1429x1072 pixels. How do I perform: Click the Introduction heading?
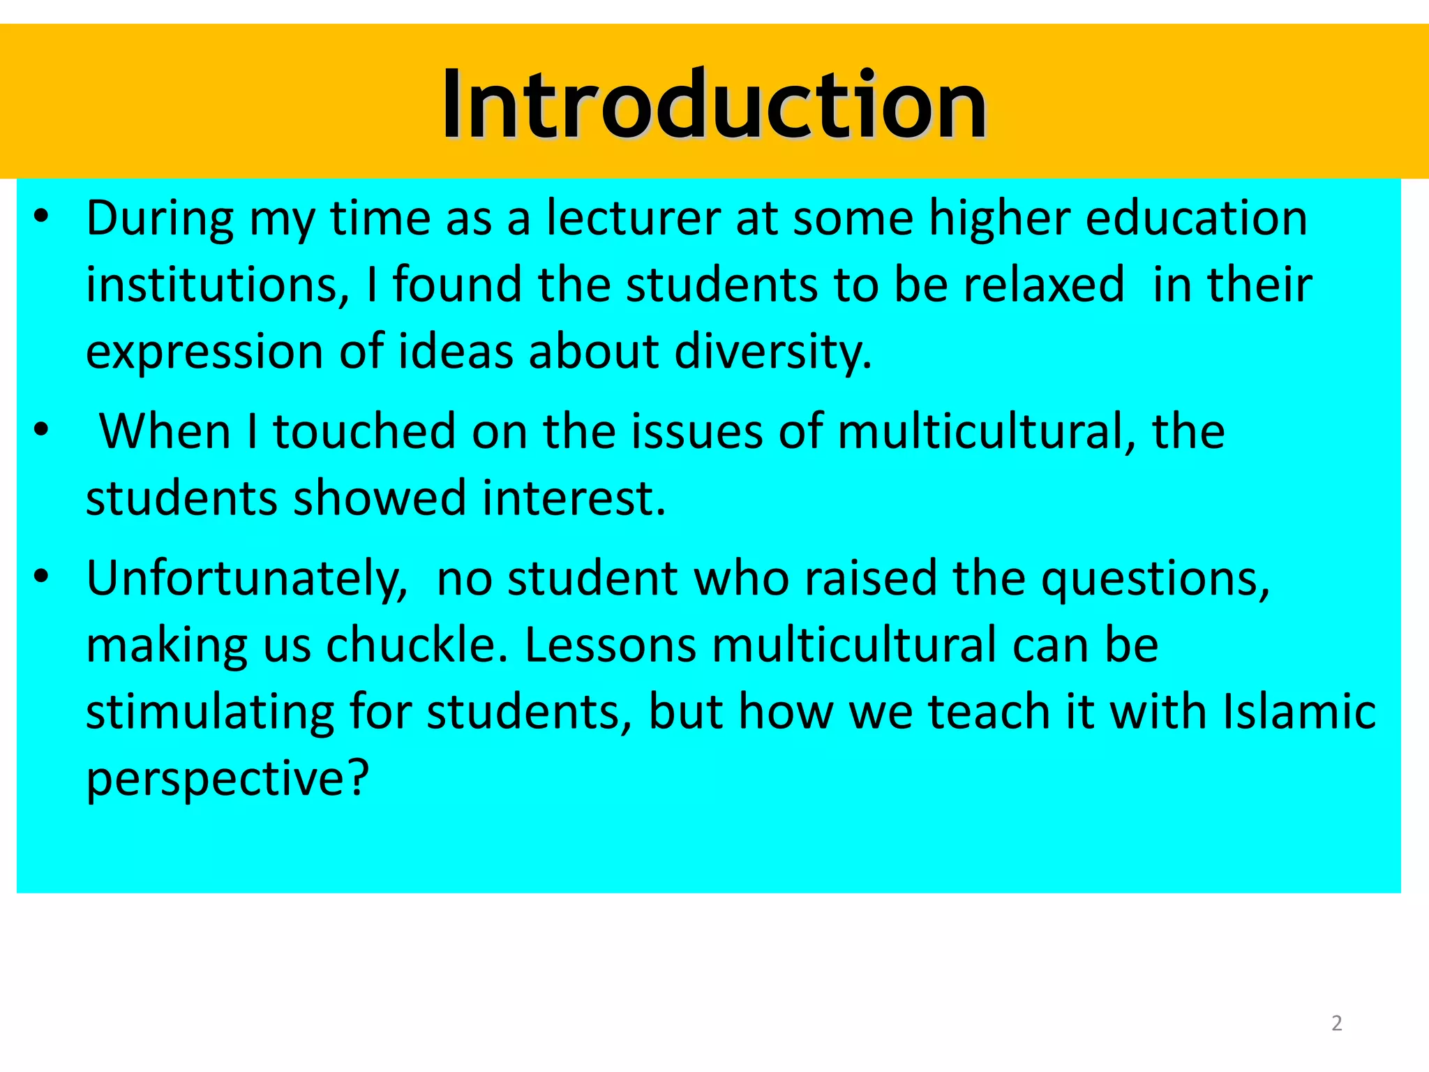714,105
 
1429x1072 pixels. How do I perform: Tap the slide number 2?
1336,1023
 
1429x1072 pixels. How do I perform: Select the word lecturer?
633,218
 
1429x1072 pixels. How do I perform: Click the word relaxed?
1044,285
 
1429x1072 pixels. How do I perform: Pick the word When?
165,431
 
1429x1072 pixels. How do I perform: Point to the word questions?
1155,579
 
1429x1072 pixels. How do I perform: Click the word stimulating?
210,712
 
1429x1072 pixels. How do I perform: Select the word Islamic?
1299,712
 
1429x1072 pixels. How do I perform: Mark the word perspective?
227,778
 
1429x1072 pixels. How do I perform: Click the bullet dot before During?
41,217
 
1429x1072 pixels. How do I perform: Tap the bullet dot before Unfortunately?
41,577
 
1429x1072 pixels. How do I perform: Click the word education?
1196,218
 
